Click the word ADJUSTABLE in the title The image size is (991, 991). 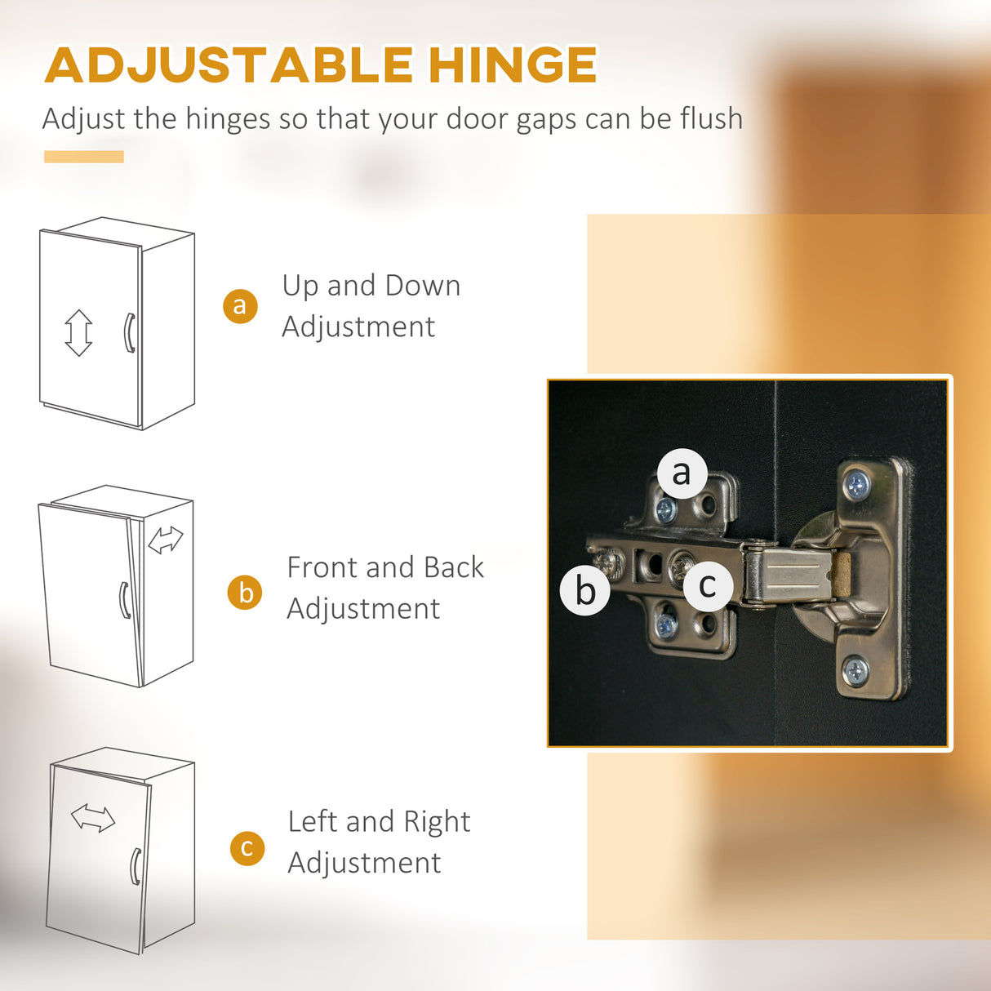tap(229, 64)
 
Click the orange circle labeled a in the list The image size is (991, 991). tap(240, 306)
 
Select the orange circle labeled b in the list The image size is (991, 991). tap(245, 592)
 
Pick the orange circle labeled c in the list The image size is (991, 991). tap(247, 848)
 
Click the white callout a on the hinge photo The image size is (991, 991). tap(682, 473)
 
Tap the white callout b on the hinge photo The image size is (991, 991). tap(585, 590)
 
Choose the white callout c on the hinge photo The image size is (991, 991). tap(709, 585)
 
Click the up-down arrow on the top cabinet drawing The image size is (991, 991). tap(78, 333)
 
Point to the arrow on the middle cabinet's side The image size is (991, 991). tap(165, 540)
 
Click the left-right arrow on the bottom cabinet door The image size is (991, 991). tap(93, 818)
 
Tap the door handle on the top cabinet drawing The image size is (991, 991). tap(130, 333)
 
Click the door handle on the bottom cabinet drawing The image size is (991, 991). tap(136, 867)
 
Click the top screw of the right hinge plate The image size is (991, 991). tap(857, 484)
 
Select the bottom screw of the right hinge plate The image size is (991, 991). tap(855, 671)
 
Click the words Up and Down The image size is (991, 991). tap(371, 286)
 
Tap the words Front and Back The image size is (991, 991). tap(385, 567)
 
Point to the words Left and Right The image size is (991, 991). tap(379, 822)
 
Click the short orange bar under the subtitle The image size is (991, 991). tap(84, 157)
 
